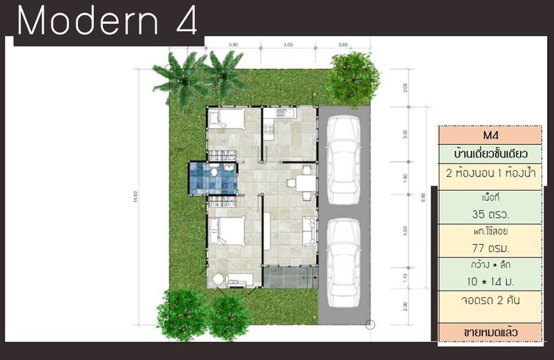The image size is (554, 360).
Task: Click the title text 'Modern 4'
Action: (x=107, y=22)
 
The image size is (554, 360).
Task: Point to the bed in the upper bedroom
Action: (x=225, y=119)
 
